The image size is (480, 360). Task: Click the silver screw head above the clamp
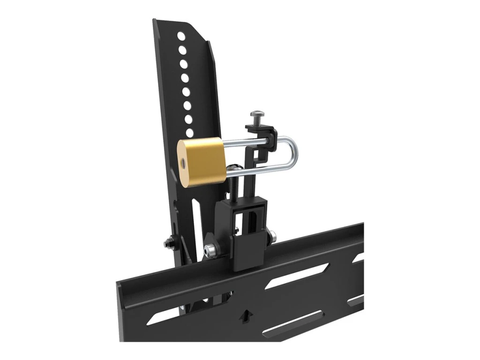pyautogui.click(x=256, y=115)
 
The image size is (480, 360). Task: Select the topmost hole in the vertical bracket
pyautogui.click(x=180, y=36)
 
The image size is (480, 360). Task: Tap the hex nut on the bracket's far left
pyautogui.click(x=168, y=243)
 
